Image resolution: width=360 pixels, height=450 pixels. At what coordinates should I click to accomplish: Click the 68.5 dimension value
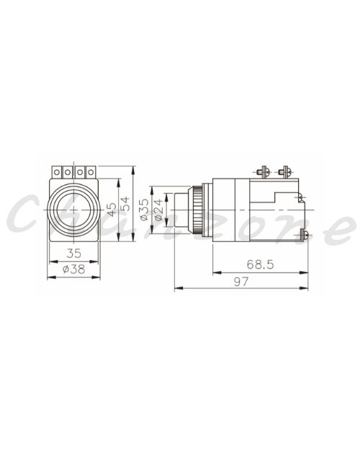pyautogui.click(x=260, y=264)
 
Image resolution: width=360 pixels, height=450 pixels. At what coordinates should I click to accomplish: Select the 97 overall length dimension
pyautogui.click(x=241, y=282)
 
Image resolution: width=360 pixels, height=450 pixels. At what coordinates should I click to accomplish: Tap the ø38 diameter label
pyautogui.click(x=73, y=269)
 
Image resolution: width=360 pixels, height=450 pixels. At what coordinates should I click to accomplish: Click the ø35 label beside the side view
pyautogui.click(x=145, y=210)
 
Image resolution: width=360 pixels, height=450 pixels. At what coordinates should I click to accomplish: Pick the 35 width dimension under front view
pyautogui.click(x=73, y=253)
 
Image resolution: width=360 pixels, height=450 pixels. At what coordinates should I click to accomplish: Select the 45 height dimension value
pyautogui.click(x=112, y=210)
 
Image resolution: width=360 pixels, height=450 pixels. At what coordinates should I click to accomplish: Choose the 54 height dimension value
pyautogui.click(x=125, y=204)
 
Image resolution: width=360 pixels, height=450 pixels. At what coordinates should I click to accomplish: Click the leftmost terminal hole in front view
pyautogui.click(x=57, y=172)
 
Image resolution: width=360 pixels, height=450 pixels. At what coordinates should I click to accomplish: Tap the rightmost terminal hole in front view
pyautogui.click(x=91, y=172)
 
